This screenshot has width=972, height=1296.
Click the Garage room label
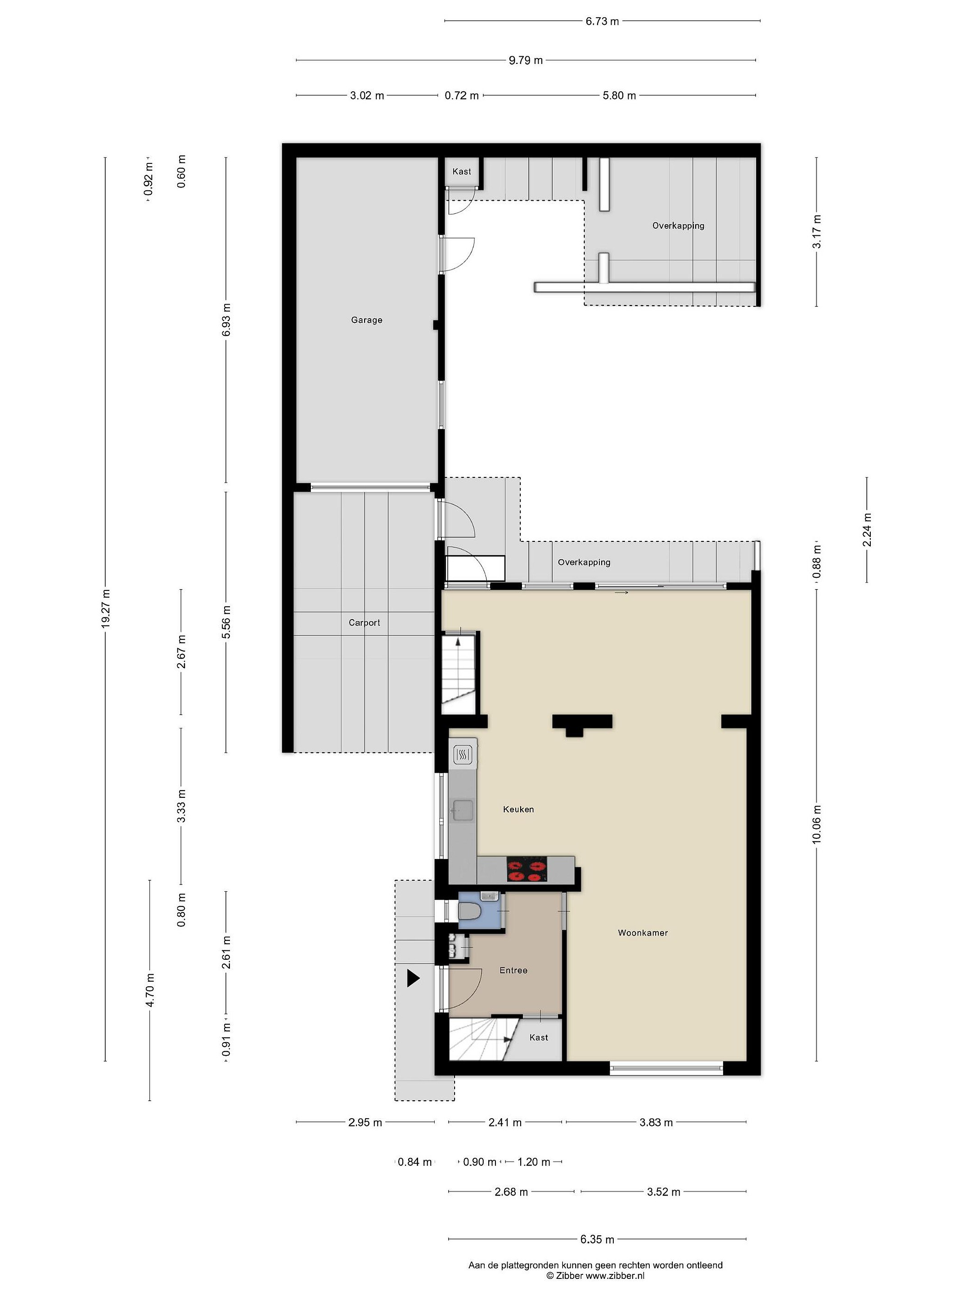366,320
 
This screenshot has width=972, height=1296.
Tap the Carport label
364,623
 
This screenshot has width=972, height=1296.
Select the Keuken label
518,809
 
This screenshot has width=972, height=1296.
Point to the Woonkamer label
642,933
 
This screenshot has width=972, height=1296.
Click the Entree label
513,970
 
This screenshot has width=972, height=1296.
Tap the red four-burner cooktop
526,869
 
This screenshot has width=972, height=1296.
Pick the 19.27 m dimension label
105,609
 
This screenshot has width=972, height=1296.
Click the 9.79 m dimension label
526,60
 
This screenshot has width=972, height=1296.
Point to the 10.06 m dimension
817,824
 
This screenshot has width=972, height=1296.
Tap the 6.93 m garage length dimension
227,320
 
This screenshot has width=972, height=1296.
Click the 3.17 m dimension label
817,231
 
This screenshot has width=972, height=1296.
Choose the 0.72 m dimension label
461,95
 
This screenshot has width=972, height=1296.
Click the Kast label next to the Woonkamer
539,1038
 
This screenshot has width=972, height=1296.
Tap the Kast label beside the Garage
462,171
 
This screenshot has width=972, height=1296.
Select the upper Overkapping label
678,225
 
